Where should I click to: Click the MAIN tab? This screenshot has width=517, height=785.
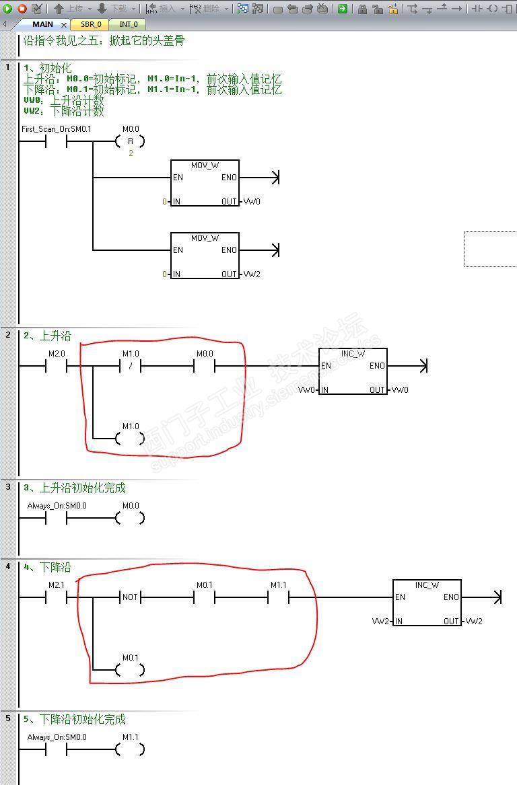[x=43, y=24]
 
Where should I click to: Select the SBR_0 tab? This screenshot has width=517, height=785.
[x=90, y=24]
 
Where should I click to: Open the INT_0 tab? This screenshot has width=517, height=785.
[x=129, y=24]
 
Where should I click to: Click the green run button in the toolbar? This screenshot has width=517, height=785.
[x=7, y=9]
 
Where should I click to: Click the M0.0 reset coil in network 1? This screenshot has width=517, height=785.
[x=130, y=141]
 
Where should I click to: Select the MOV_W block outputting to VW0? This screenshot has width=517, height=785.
[x=205, y=183]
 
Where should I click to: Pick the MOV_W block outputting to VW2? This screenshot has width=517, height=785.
[x=205, y=256]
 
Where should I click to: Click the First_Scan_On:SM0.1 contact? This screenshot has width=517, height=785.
[x=56, y=141]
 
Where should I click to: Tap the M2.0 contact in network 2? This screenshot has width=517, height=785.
[x=56, y=366]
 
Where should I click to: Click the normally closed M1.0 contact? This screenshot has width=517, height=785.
[x=130, y=366]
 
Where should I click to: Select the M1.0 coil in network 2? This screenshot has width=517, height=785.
[x=130, y=439]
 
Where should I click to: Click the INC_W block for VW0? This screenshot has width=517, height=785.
[x=353, y=371]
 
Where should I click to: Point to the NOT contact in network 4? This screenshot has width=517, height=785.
[x=130, y=597]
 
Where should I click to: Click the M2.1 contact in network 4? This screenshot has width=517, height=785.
[x=56, y=597]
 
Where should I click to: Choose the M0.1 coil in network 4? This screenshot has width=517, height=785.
[x=130, y=670]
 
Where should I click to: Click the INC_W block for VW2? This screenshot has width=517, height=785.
[x=427, y=603]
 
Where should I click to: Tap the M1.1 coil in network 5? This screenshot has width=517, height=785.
[x=130, y=749]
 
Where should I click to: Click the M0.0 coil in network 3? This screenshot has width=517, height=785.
[x=130, y=518]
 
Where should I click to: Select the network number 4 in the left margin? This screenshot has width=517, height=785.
[x=8, y=566]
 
